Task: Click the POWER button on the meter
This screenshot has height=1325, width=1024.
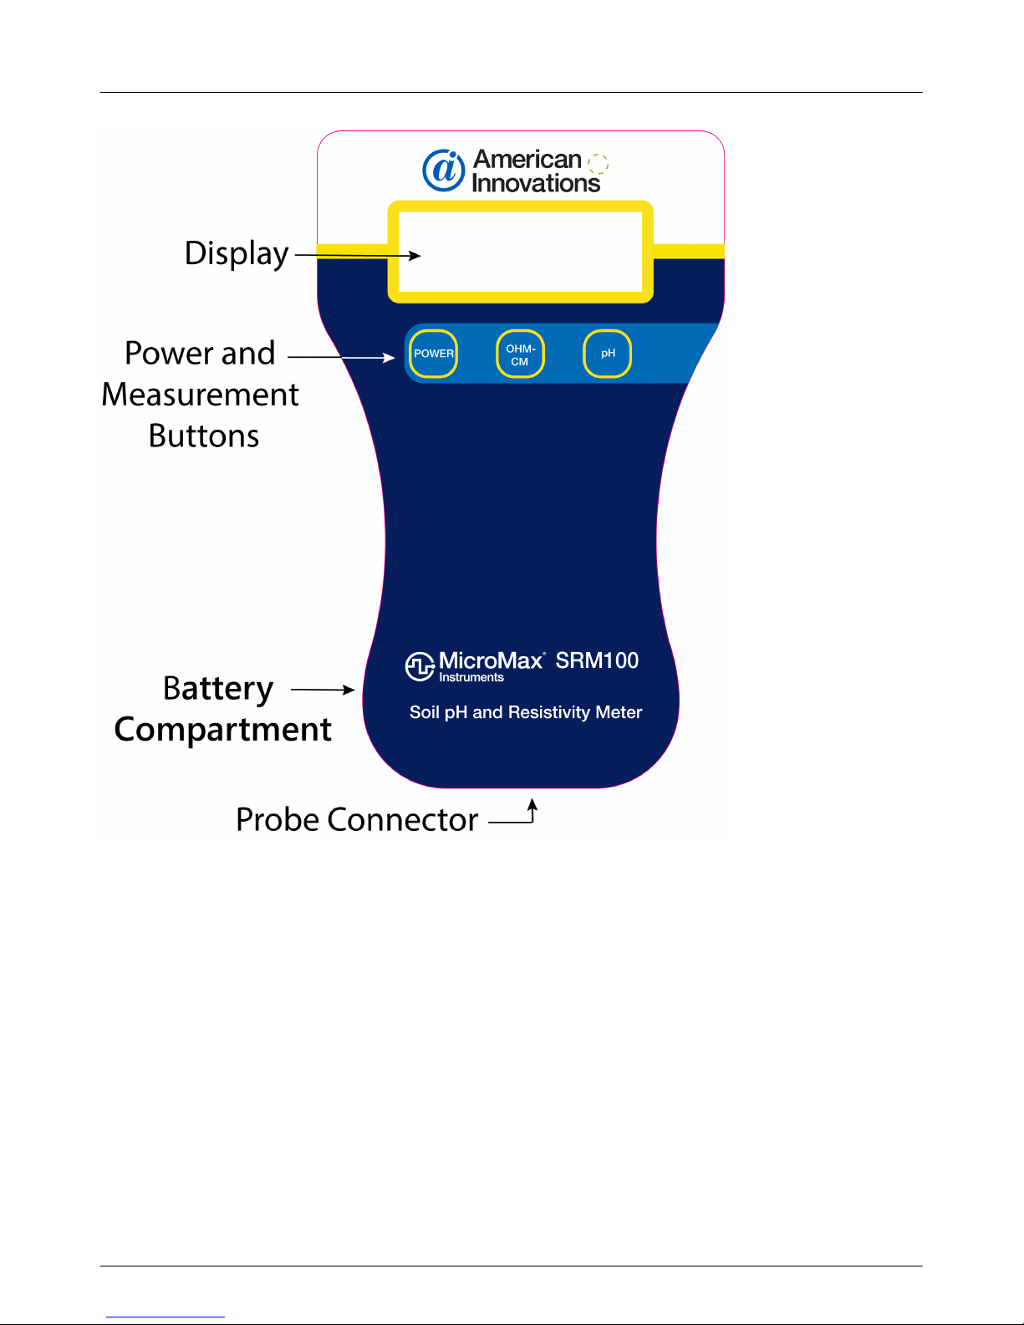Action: [x=434, y=354]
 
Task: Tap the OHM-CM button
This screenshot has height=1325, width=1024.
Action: [x=520, y=354]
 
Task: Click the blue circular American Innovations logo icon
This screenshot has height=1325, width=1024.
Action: [x=444, y=171]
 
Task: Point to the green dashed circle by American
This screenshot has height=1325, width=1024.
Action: [x=598, y=163]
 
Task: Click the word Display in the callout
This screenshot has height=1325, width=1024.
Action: [x=237, y=253]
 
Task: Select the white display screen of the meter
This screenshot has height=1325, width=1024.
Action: [x=520, y=252]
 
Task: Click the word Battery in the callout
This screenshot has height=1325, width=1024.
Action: [x=218, y=689]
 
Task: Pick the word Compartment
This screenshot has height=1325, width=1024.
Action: [x=223, y=730]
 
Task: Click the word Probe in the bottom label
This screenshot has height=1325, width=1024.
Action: [x=277, y=819]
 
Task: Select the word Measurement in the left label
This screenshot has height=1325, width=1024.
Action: [x=200, y=395]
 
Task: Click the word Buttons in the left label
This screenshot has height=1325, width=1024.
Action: [x=204, y=436]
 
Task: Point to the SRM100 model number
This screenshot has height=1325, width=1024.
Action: [x=597, y=661]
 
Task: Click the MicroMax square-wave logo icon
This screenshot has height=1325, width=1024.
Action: [x=420, y=666]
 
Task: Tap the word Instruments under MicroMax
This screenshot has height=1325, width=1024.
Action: [x=471, y=678]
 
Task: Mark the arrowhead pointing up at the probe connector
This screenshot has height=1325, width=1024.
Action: [x=532, y=804]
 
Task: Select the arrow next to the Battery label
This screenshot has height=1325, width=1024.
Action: [x=323, y=690]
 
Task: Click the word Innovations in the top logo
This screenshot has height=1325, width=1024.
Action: [x=536, y=183]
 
